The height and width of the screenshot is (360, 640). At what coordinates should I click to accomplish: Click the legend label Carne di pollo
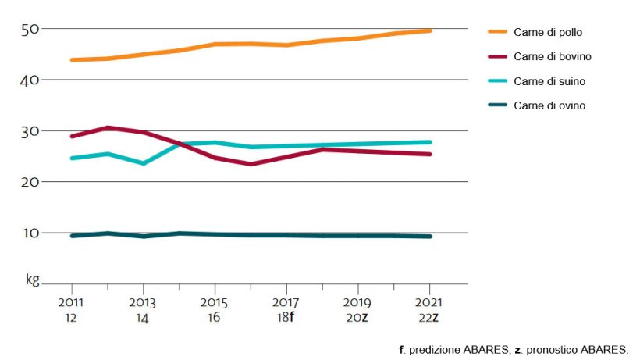click(548, 32)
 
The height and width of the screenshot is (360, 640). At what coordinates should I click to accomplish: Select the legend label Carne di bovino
click(552, 57)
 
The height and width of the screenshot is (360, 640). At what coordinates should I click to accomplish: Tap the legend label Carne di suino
click(549, 81)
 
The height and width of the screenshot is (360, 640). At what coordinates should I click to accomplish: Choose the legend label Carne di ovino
click(549, 105)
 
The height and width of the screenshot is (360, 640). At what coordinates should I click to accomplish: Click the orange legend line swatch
click(497, 32)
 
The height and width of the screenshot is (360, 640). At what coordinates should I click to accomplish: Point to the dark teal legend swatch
click(497, 105)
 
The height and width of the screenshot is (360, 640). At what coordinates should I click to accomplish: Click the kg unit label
click(32, 279)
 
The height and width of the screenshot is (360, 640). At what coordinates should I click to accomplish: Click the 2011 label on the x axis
click(72, 301)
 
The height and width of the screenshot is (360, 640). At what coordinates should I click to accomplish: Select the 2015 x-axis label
click(215, 301)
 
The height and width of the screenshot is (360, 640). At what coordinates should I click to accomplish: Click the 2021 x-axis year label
click(429, 301)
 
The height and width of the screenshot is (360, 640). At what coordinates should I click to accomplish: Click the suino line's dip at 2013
click(144, 163)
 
